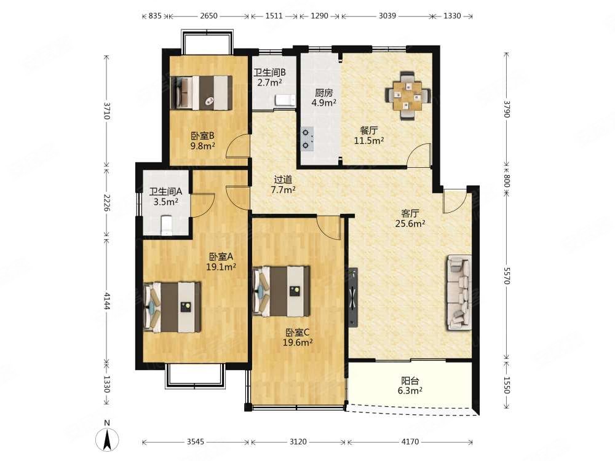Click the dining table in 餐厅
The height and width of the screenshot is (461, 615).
[408, 95]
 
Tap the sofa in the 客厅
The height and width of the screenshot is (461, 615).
[459, 293]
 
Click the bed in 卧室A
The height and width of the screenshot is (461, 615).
[173, 307]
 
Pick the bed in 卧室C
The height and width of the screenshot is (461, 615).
[282, 291]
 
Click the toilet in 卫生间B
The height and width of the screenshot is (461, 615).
[285, 100]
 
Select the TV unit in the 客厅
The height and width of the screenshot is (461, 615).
[353, 297]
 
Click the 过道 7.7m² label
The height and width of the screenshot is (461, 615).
[283, 184]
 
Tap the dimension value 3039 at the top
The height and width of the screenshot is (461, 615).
[387, 16]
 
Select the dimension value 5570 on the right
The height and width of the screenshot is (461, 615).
[506, 277]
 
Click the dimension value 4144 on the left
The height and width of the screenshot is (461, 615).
[106, 300]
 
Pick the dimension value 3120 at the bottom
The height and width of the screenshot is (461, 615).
[298, 442]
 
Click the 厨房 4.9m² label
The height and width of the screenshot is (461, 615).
[323, 98]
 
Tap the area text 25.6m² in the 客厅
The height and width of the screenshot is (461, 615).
[410, 224]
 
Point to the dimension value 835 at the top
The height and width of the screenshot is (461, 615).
[155, 16]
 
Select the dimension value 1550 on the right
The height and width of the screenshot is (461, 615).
[506, 385]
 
